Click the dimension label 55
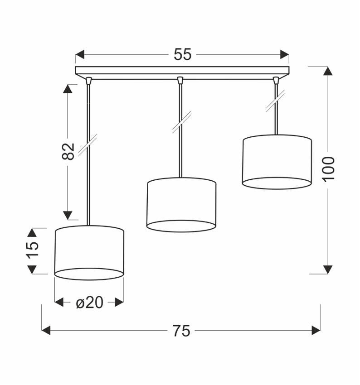(182, 55)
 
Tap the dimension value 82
(68, 151)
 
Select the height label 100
(328, 168)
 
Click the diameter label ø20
(89, 302)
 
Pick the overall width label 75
(181, 331)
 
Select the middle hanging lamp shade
(181, 204)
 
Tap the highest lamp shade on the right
(277, 161)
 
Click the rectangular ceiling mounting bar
(182, 71)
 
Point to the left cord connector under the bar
(88, 81)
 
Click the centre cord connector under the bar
(180, 81)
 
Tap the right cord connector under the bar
(275, 81)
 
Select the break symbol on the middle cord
(181, 122)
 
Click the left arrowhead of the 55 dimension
(80, 55)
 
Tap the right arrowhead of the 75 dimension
(316, 331)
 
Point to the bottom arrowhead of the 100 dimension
(327, 269)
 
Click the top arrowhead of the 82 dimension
(68, 88)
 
